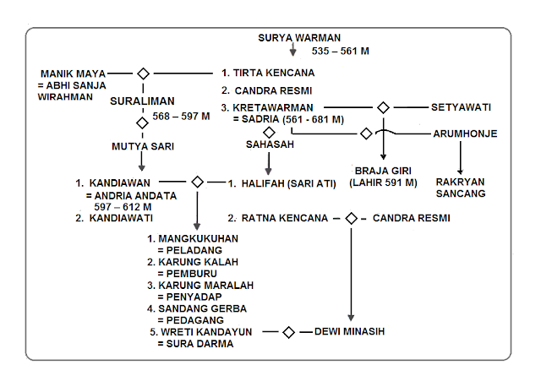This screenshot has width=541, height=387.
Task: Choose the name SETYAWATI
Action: [x=462, y=107]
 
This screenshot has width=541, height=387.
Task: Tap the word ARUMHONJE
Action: [x=464, y=134]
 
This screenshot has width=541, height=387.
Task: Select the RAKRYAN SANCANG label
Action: [x=461, y=187]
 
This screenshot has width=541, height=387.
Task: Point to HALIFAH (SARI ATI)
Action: [x=284, y=183]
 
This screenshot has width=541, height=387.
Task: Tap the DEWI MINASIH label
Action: [x=349, y=332]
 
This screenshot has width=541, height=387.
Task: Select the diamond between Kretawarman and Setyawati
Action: [x=383, y=107]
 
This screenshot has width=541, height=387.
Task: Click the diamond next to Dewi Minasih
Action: [x=288, y=332]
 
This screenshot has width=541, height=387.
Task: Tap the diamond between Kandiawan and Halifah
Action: [x=196, y=182]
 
